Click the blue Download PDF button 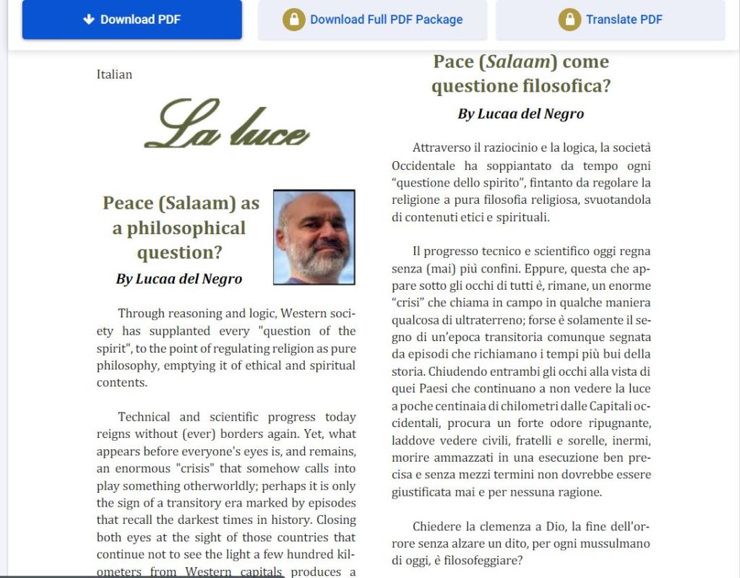pos(132,20)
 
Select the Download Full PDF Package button pos(372,20)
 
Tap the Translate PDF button pos(610,20)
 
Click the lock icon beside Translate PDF pos(569,20)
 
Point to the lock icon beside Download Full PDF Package pos(293,20)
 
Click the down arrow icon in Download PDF pos(89,20)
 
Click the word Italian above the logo pos(114,74)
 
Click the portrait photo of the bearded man pos(314,237)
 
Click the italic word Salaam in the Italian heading pos(515,62)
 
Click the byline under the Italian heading pos(520,113)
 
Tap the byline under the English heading pos(178,278)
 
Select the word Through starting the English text pos(142,314)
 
